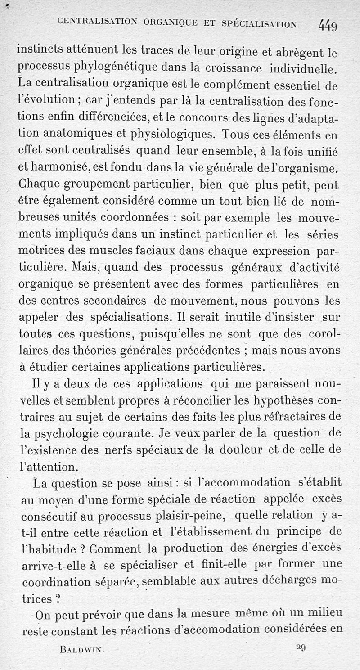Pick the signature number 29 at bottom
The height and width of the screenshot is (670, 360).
click(x=301, y=648)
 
